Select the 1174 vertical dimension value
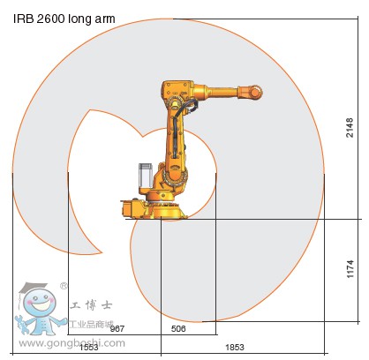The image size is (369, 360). pyautogui.click(x=350, y=269)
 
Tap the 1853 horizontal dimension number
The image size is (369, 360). pyautogui.click(x=235, y=348)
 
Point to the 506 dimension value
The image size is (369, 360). pyautogui.click(x=178, y=328)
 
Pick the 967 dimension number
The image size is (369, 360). pyautogui.click(x=117, y=328)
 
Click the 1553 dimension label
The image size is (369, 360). pyautogui.click(x=88, y=348)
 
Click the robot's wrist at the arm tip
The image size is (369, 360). pyautogui.click(x=255, y=90)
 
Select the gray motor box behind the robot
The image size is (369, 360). pyautogui.click(x=145, y=177)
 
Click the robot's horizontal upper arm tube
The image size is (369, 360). pyautogui.click(x=221, y=90)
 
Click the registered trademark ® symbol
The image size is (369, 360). pyautogui.click(x=64, y=286)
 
